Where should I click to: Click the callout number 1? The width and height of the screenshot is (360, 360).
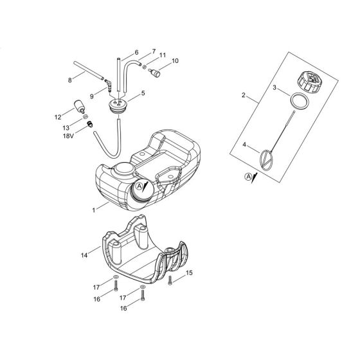tap(94, 208)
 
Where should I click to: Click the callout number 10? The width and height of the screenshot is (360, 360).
tap(159, 62)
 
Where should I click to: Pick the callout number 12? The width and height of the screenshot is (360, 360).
tap(57, 117)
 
